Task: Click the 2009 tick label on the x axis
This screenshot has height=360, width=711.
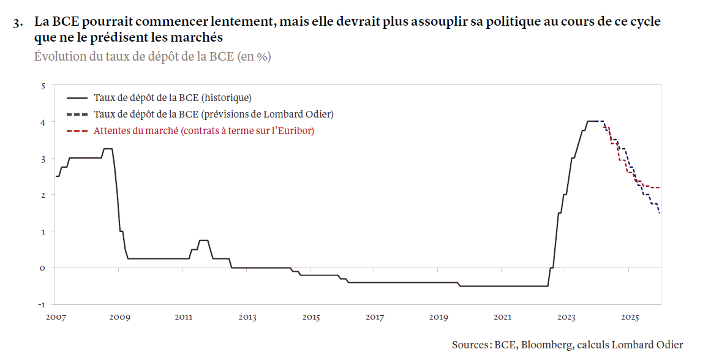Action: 120,317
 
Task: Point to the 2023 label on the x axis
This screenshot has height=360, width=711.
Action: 566,317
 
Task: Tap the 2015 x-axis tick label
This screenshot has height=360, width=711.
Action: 311,317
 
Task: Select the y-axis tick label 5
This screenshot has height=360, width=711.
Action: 43,86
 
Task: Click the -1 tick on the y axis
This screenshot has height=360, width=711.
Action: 42,304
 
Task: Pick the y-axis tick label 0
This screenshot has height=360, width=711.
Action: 43,268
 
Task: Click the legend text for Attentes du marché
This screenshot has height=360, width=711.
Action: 203,130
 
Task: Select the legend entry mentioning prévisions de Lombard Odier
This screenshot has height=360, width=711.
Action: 213,114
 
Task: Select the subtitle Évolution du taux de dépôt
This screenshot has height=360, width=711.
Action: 152,56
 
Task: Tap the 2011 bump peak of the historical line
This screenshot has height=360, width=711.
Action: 204,240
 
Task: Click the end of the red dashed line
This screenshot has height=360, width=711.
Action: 659,187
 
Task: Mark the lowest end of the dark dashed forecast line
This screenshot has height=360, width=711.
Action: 660,212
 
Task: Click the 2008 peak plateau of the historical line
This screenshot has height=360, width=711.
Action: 107,149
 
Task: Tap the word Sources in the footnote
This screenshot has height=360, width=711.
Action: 470,345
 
